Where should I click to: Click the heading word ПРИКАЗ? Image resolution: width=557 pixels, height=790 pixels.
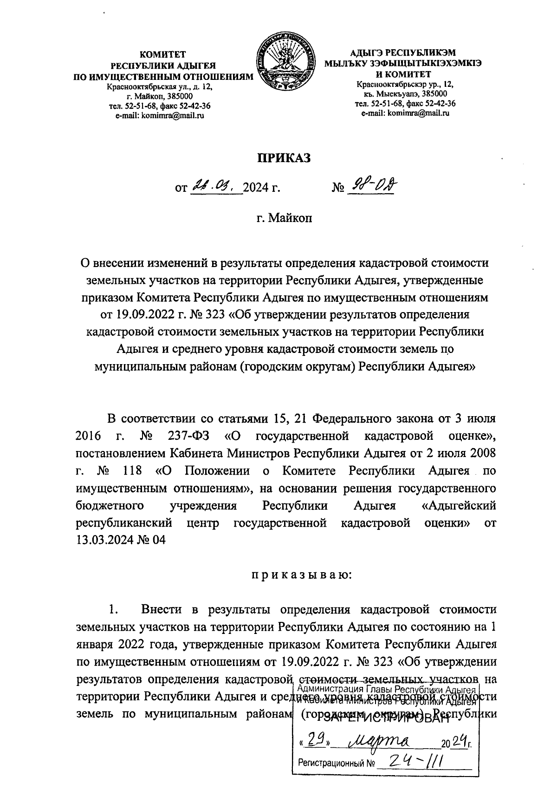284,158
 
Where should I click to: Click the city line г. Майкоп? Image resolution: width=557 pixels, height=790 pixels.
284,217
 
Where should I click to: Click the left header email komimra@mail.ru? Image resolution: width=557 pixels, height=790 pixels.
160,115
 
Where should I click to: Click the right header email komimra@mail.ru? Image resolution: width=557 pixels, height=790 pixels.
405,112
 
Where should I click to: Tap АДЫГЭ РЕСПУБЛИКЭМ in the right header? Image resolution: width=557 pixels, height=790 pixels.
403,52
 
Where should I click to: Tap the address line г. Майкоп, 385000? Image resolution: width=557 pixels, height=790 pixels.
160,97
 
